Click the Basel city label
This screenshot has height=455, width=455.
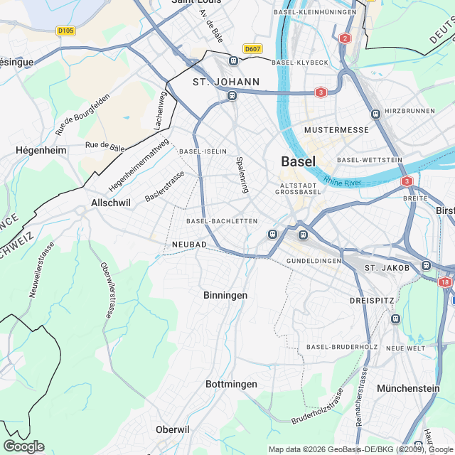click(299, 161)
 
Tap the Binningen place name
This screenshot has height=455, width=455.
click(225, 295)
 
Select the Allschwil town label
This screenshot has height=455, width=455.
click(111, 203)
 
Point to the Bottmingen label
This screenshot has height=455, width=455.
click(231, 384)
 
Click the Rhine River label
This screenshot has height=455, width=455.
click(342, 183)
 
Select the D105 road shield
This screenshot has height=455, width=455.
click(65, 31)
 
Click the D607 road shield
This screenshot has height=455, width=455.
click(252, 48)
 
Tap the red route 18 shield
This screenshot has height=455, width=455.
click(445, 282)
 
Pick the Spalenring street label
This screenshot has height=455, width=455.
click(242, 175)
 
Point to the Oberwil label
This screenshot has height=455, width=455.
click(173, 429)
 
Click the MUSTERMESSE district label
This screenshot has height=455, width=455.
click(336, 130)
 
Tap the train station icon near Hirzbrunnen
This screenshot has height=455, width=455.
click(375, 114)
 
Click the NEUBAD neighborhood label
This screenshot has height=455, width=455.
click(189, 245)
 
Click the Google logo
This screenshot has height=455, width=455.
click(23, 446)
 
